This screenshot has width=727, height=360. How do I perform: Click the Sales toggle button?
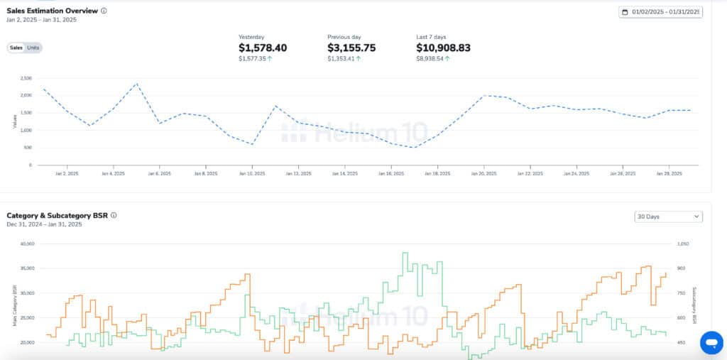tap(16, 48)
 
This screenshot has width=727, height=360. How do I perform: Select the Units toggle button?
tap(33, 48)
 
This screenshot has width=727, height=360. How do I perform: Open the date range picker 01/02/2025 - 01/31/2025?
tap(660, 11)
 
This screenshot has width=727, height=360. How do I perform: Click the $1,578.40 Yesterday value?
tap(263, 48)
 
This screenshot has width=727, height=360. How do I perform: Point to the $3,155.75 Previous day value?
tap(351, 48)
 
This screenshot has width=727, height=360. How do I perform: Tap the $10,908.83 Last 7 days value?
tap(443, 48)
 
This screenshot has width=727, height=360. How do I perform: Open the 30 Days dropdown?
tap(668, 217)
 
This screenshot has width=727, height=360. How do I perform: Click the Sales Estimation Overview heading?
tap(52, 11)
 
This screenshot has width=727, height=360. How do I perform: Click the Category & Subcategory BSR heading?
tap(57, 215)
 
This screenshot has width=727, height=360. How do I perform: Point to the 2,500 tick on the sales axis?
tap(26, 78)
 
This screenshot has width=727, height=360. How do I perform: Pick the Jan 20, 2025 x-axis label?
tap(483, 173)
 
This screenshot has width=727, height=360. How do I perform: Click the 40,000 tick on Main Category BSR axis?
tap(26, 244)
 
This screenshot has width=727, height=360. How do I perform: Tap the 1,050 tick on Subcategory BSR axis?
tap(683, 244)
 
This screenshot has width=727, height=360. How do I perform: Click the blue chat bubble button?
tap(710, 343)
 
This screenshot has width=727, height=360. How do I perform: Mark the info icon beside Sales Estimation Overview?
tap(104, 11)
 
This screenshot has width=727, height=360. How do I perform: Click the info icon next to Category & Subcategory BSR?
tap(114, 215)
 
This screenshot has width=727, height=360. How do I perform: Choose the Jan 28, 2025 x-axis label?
tap(668, 173)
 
